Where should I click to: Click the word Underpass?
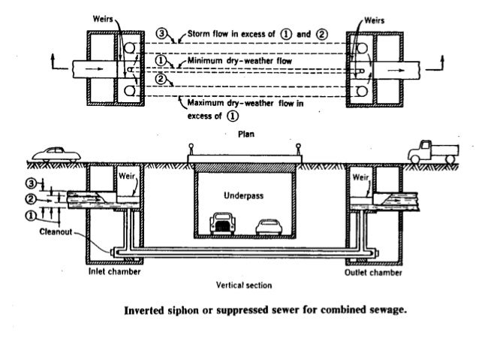[243, 195]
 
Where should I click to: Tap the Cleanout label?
[56, 231]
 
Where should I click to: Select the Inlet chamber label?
[115, 271]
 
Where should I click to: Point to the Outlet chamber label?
[373, 273]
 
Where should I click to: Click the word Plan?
[246, 134]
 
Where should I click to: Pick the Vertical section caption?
[244, 286]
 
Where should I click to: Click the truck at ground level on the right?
[433, 153]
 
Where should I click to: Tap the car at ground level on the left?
[56, 155]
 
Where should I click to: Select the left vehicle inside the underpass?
[223, 223]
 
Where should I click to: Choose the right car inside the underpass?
[269, 227]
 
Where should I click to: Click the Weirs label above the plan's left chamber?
[103, 19]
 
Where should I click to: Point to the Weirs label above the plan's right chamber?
[374, 20]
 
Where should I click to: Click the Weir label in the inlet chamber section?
[126, 176]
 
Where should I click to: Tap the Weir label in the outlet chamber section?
[360, 177]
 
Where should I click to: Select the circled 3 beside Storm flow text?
[161, 33]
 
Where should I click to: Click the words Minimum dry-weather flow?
[239, 61]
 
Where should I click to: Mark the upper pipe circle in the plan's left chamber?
[129, 47]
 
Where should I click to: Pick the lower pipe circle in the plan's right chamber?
[362, 91]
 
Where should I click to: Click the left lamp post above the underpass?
[191, 150]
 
